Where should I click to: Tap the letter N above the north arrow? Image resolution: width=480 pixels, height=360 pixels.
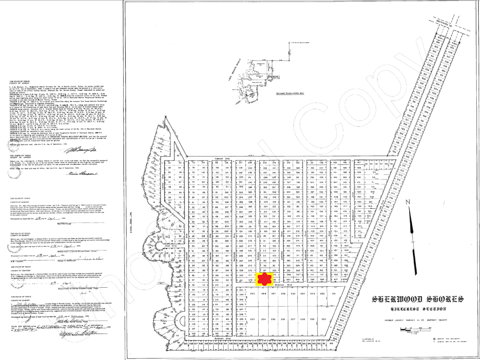point(411,202)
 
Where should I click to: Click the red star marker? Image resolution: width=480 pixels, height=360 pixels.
point(262,280)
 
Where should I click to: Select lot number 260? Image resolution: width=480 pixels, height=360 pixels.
point(324,319)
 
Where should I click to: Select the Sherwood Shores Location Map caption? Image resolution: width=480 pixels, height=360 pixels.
point(290,94)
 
